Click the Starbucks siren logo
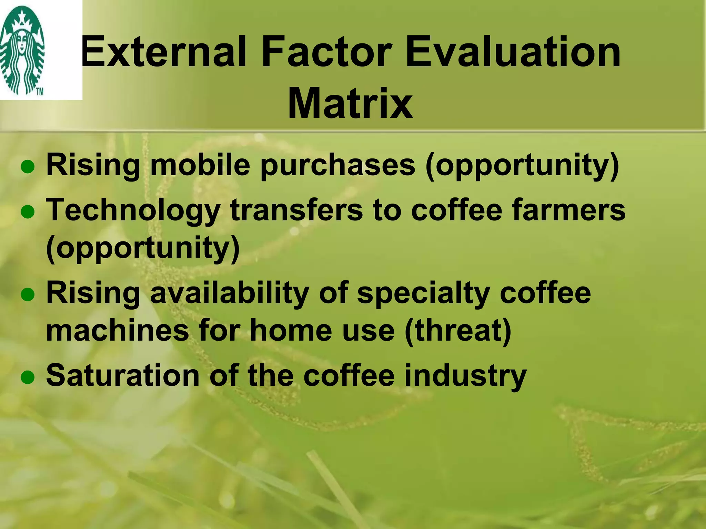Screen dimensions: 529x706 [22, 50]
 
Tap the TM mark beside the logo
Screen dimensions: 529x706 [40, 92]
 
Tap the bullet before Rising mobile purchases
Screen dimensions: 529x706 [28, 168]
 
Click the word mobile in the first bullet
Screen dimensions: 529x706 [200, 165]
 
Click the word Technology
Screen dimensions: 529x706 [133, 211]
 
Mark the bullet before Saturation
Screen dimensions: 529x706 [28, 378]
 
